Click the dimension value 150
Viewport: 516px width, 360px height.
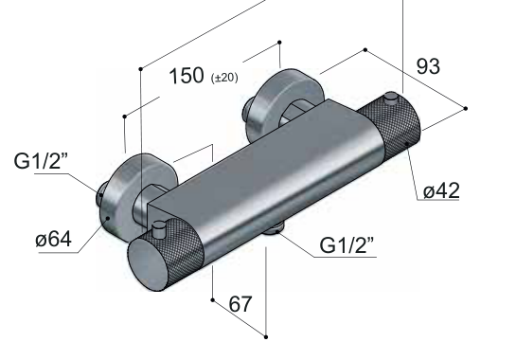[x=187, y=76]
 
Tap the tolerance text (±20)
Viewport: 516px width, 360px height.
[x=224, y=78]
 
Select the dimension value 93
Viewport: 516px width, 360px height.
[x=428, y=66]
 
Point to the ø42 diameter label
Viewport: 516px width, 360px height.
[x=441, y=190]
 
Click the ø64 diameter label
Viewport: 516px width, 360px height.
[x=53, y=239]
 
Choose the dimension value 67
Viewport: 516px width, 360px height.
[x=240, y=304]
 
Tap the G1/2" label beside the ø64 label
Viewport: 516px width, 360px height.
[x=41, y=161]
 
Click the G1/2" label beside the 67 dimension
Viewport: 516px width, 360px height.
[x=347, y=245]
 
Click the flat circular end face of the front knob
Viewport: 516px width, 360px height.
[x=148, y=262]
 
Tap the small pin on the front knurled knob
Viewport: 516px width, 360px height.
[x=159, y=228]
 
